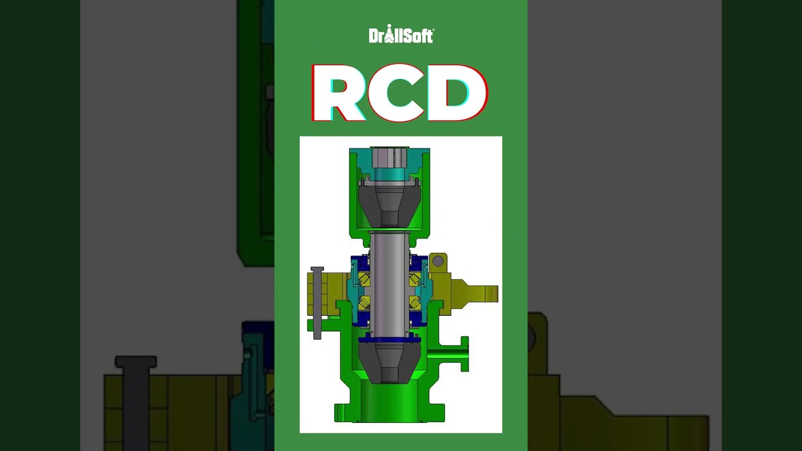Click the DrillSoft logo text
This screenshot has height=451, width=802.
(401, 35)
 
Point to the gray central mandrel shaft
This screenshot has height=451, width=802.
(389, 282)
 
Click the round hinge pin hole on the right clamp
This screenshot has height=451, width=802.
(438, 260)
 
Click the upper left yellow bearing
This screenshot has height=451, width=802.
(364, 279)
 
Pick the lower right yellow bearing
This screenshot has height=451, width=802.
(414, 304)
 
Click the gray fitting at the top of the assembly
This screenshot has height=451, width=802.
(389, 157)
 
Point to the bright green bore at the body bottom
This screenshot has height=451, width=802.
(389, 401)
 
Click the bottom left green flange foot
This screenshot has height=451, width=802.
(343, 413)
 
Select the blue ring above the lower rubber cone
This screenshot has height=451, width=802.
(389, 338)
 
